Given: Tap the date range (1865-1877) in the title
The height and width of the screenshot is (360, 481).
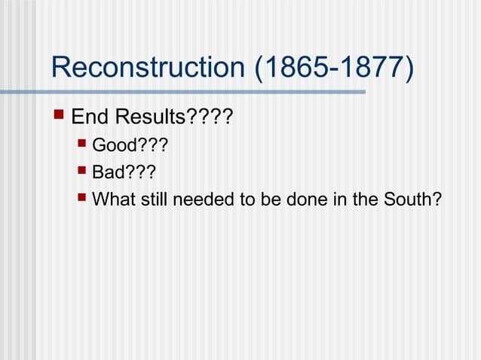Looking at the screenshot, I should [334, 69].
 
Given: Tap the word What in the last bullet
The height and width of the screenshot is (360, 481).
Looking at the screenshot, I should [111, 200].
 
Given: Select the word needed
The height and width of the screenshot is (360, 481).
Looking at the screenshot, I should [194, 200].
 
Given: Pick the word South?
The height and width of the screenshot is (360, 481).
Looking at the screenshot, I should [414, 200].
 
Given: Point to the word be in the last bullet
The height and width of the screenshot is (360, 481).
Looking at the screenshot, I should [268, 200].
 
